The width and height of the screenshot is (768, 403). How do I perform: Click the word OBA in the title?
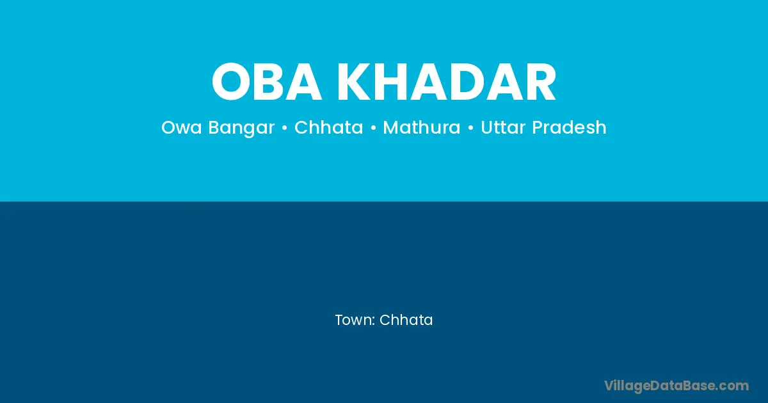[267, 82]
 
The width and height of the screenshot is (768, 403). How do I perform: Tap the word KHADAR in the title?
[447, 82]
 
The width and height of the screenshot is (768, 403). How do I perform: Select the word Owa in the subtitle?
[181, 127]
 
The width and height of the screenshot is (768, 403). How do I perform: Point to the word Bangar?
[241, 129]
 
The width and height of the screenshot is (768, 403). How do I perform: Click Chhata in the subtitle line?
[328, 127]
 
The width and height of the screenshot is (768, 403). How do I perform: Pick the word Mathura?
[421, 127]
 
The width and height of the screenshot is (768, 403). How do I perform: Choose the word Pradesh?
[569, 127]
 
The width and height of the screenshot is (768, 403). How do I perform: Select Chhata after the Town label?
[406, 320]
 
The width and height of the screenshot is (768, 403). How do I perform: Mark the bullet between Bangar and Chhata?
[284, 128]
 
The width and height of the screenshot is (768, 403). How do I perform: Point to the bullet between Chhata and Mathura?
[373, 128]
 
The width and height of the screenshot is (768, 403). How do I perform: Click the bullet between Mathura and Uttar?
[470, 128]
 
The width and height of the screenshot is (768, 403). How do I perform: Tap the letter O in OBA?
[231, 82]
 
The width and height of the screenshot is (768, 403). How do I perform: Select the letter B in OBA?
[269, 82]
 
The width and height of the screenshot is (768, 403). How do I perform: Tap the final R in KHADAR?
[540, 82]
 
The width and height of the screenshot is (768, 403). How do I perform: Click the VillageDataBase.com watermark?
[676, 386]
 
